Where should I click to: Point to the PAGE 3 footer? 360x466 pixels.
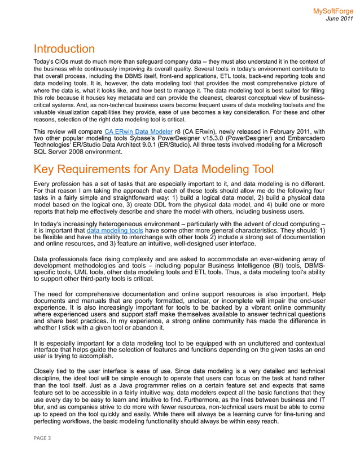pyautogui.click(x=42, y=438)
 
